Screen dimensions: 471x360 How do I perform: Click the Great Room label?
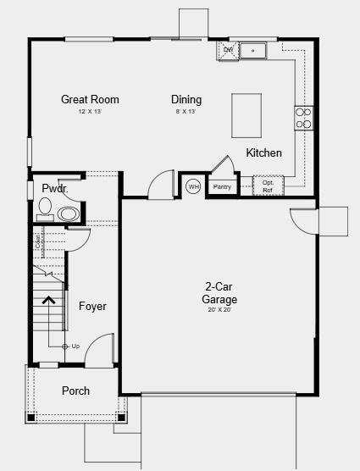click(90, 99)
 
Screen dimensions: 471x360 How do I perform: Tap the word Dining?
click(186, 99)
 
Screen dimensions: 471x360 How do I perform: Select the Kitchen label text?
click(263, 153)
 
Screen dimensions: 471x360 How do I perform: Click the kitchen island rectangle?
click(247, 114)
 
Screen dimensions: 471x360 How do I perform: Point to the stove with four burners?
click(303, 118)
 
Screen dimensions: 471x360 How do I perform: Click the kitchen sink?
click(252, 52)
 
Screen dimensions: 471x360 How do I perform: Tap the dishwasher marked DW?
click(228, 50)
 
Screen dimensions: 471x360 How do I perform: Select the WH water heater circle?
click(193, 186)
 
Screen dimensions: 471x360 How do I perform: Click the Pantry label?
click(222, 186)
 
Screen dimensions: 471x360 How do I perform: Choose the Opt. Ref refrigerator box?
click(268, 186)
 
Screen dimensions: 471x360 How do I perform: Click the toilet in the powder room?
click(46, 206)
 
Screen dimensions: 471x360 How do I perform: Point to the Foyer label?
click(92, 306)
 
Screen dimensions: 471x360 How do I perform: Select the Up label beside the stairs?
click(75, 346)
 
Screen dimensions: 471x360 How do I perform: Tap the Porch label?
click(75, 391)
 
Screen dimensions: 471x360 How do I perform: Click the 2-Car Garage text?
click(219, 293)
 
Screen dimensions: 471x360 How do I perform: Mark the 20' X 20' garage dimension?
click(219, 310)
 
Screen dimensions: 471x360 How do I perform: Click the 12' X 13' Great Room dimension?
click(90, 112)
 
